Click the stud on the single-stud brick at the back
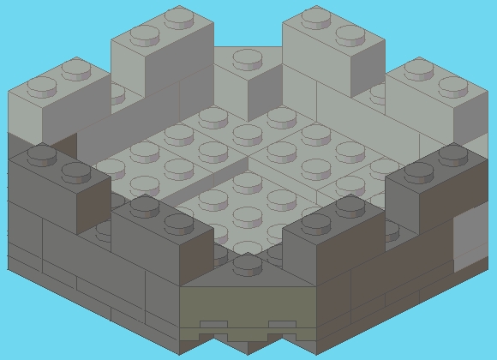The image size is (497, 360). [x=248, y=58]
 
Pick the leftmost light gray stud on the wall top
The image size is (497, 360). [x=40, y=85]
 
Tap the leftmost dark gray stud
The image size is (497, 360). [x=40, y=155]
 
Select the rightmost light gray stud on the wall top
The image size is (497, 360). [x=454, y=85]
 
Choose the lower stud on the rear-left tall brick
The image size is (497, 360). [x=144, y=34]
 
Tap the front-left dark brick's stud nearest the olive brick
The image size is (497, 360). [x=178, y=223]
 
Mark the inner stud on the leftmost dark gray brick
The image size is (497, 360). [x=75, y=172]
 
